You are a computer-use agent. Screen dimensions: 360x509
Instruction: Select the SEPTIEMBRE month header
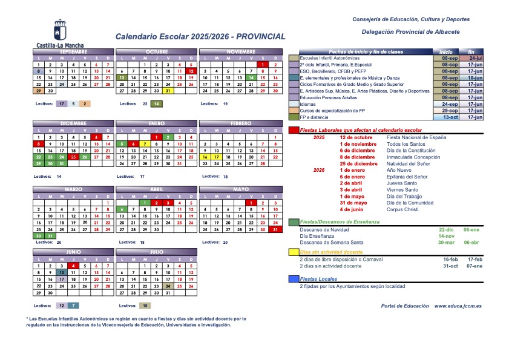tap(73, 52)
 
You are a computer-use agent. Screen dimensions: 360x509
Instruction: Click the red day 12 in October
tap(191, 71)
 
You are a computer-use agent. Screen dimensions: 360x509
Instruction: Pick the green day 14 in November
tap(249, 77)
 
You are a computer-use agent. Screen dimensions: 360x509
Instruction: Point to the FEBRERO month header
tap(240, 123)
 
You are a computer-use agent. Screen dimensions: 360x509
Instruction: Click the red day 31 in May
tap(275, 229)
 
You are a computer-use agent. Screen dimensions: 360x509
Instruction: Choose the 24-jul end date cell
tap(475, 58)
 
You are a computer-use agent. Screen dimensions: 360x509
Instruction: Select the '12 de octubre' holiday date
tap(355, 137)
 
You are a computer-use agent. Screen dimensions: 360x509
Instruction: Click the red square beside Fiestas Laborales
tap(294, 130)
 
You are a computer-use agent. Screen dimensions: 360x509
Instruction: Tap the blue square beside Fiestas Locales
tap(294, 279)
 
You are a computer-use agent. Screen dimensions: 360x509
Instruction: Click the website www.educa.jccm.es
tap(458, 306)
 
